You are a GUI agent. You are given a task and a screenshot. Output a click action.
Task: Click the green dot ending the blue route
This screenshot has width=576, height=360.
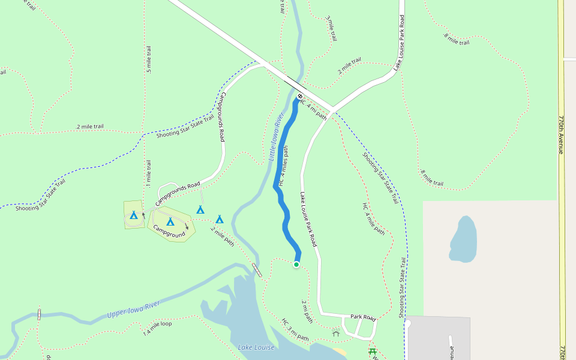pyautogui.click(x=296, y=265)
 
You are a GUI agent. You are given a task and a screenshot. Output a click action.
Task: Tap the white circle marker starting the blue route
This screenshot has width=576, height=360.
pyautogui.click(x=300, y=97)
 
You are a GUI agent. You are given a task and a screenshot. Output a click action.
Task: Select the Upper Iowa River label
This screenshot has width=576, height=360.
pyautogui.click(x=133, y=310)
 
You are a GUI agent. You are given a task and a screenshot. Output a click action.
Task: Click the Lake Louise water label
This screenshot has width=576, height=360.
pyautogui.click(x=256, y=347)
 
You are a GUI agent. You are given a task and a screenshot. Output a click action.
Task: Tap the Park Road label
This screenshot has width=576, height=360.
pyautogui.click(x=362, y=317)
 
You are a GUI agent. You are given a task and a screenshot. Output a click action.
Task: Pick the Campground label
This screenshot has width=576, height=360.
pyautogui.click(x=169, y=231)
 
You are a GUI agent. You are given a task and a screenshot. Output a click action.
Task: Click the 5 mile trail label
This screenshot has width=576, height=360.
pyautogui.click(x=149, y=59)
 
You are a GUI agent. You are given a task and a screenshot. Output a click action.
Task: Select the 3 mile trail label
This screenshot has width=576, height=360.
pyautogui.click(x=329, y=28)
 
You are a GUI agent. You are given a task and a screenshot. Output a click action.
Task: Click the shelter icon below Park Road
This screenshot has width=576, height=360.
pyautogui.click(x=336, y=333)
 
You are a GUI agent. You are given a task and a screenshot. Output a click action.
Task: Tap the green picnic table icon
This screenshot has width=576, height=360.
pyautogui.click(x=373, y=352)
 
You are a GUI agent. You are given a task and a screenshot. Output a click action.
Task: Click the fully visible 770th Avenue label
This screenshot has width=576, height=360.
pyautogui.click(x=562, y=134)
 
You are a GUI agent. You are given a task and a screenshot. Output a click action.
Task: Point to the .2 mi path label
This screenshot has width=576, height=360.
pyautogui.click(x=307, y=311)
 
